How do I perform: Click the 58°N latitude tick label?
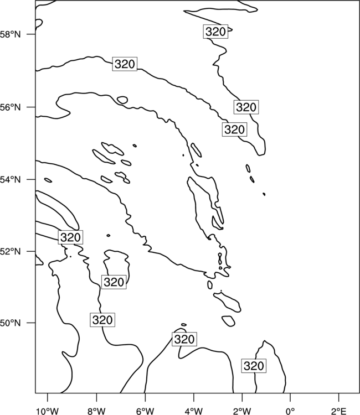10,34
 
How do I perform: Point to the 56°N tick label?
10,107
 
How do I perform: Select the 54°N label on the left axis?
10,180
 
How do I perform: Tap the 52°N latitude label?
10,251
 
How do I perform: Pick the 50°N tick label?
10,323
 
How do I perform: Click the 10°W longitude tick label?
48,411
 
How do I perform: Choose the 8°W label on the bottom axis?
96,411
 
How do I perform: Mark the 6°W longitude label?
145,411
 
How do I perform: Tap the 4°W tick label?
194,411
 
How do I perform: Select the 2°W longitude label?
242,411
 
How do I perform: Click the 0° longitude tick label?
291,411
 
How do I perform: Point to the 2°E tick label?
339,411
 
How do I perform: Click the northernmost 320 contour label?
215,32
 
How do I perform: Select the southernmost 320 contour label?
254,366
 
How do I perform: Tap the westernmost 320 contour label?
70,237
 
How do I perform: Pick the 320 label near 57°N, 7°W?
125,64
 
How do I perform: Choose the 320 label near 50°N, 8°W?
102,320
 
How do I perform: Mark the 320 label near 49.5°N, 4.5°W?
184,339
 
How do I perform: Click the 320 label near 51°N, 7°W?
114,282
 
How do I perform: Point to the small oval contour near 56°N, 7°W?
122,100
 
